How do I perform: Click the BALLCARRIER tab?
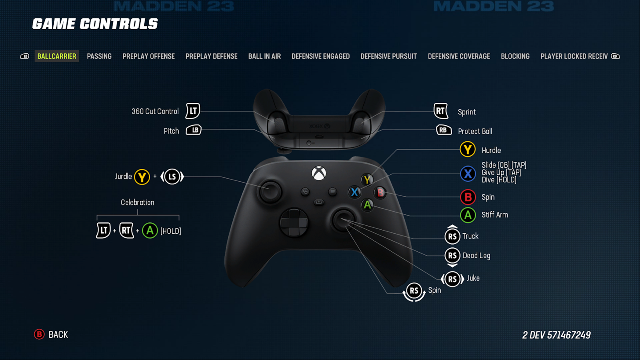[57, 56]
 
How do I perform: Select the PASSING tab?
[99, 56]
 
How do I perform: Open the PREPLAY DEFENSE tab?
[211, 56]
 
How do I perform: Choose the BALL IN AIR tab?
[264, 56]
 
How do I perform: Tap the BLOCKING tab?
[515, 56]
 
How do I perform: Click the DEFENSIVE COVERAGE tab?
[459, 56]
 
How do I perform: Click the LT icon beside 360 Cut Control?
[193, 111]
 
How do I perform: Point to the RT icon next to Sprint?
[441, 111]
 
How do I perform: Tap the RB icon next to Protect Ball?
[443, 130]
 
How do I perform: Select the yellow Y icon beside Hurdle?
[468, 150]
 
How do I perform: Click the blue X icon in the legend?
[468, 174]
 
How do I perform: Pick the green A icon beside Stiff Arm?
[468, 215]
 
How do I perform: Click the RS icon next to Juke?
[452, 279]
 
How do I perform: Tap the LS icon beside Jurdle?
[172, 177]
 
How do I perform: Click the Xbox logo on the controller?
[319, 173]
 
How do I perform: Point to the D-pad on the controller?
[294, 223]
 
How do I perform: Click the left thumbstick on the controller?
[270, 191]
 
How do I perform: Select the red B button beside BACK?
[39, 334]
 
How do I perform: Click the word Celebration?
[137, 202]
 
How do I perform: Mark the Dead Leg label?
[476, 256]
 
